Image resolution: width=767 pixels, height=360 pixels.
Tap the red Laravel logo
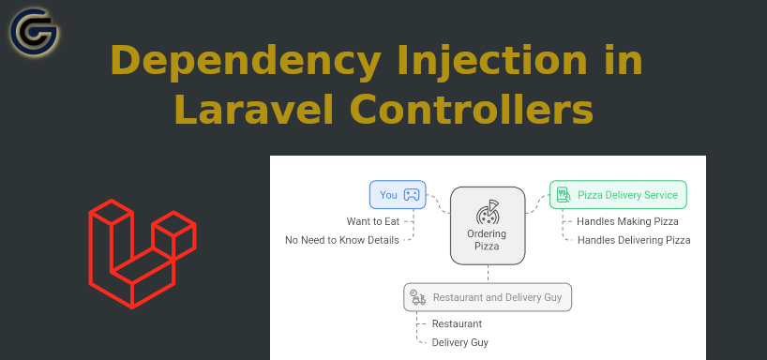coord(142,252)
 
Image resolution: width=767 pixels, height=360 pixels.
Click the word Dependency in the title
coord(238,62)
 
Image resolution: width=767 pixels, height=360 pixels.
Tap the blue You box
coord(398,195)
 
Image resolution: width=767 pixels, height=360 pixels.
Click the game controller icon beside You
coord(412,195)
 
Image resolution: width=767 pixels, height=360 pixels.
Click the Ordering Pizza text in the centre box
coord(488,240)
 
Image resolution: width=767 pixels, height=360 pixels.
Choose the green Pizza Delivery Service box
coord(618,195)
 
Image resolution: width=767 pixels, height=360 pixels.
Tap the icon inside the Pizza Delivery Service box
coord(564,195)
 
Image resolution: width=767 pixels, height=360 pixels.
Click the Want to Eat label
coord(372,222)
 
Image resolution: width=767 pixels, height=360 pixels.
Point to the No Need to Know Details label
coord(341,240)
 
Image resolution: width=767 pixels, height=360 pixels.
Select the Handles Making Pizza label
coord(627,222)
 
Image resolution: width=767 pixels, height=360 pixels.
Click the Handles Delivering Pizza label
coord(634,240)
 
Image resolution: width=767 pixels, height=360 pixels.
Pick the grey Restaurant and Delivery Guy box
coord(489,298)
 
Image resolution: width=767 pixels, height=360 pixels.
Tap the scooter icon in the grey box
coord(418,298)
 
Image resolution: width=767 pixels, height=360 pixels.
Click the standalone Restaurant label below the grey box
coord(457,324)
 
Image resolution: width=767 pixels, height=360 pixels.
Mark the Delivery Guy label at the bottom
coord(459,342)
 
